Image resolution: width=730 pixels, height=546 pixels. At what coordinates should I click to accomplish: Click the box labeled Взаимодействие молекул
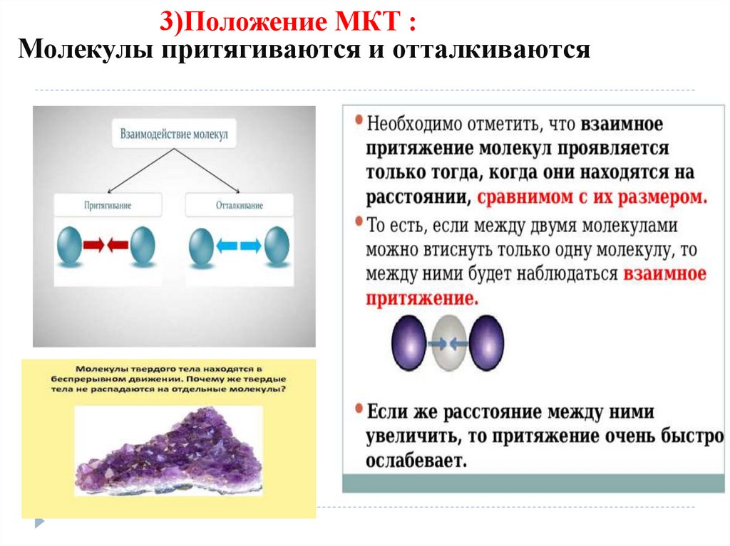pyautogui.click(x=175, y=133)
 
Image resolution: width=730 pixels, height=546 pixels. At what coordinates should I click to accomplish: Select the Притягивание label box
pyautogui.click(x=108, y=205)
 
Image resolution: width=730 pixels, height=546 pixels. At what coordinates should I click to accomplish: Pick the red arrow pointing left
pyautogui.click(x=118, y=246)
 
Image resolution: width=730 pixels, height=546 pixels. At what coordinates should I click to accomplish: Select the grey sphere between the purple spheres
pyautogui.click(x=448, y=343)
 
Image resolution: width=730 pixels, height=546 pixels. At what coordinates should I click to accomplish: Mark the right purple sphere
pyautogui.click(x=487, y=343)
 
